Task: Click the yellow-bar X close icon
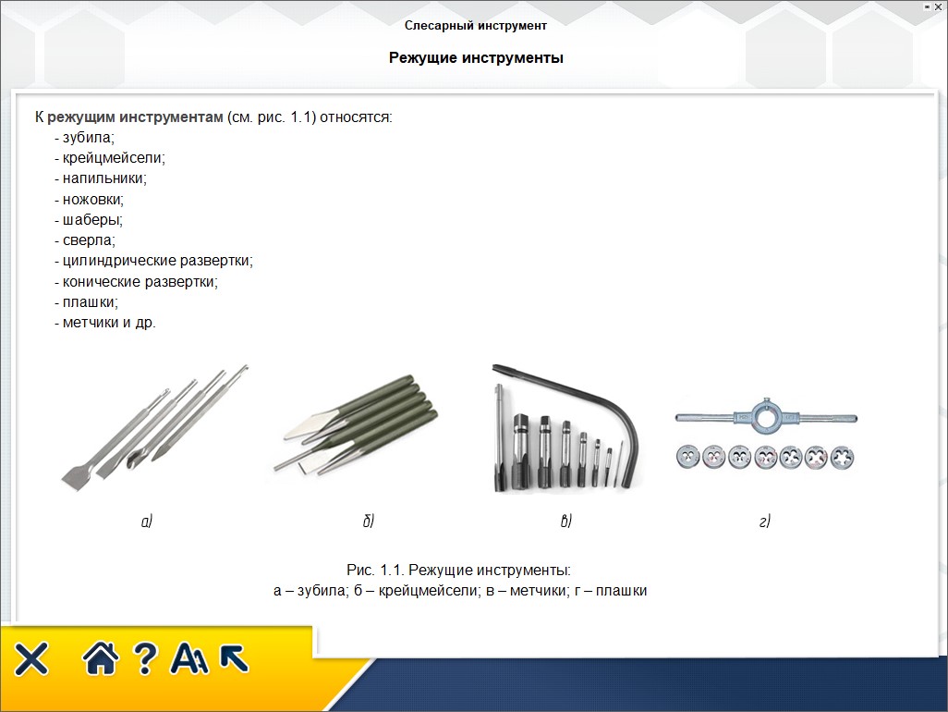click(31, 658)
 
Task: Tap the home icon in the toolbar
click(101, 658)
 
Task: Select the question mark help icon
click(145, 658)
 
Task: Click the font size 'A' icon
click(189, 658)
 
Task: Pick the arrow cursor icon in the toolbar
click(234, 658)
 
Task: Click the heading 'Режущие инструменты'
click(476, 58)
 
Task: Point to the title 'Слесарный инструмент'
click(476, 25)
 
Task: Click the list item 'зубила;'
click(89, 138)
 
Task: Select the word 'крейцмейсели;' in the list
click(114, 158)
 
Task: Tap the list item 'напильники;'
click(104, 178)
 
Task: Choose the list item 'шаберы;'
click(92, 219)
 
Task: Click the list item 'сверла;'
click(89, 240)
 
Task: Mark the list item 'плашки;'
click(90, 301)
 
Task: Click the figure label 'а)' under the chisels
click(147, 521)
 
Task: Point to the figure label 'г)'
click(765, 521)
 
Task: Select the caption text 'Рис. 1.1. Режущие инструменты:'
click(459, 570)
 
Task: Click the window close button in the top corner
click(938, 6)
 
